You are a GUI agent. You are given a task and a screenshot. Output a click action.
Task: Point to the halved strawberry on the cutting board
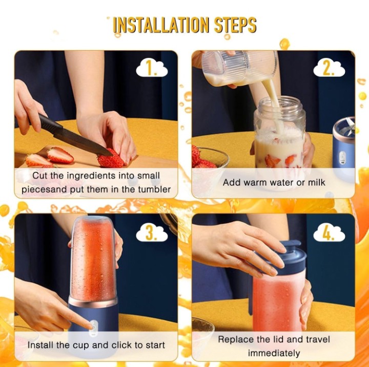[x=59, y=155]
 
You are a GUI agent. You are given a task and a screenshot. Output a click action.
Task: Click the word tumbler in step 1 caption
[x=154, y=189]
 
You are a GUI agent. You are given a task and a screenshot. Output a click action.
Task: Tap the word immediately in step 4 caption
[x=274, y=353]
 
